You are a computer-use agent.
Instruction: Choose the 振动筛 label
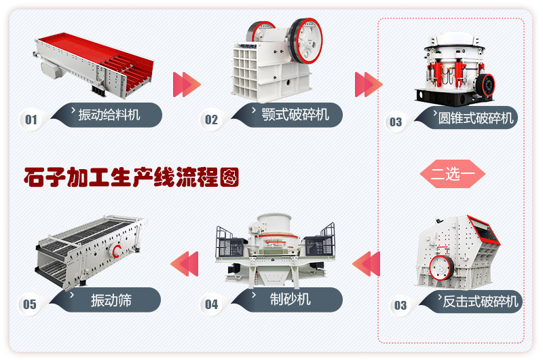point(111,300)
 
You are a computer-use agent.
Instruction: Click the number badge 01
point(31,120)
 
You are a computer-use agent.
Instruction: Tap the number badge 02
point(212,120)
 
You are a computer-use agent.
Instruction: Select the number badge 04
point(212,304)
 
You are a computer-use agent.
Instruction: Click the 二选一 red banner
point(453,174)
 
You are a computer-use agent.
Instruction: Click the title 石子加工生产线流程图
point(130,178)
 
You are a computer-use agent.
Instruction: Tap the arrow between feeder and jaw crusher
point(187,84)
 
